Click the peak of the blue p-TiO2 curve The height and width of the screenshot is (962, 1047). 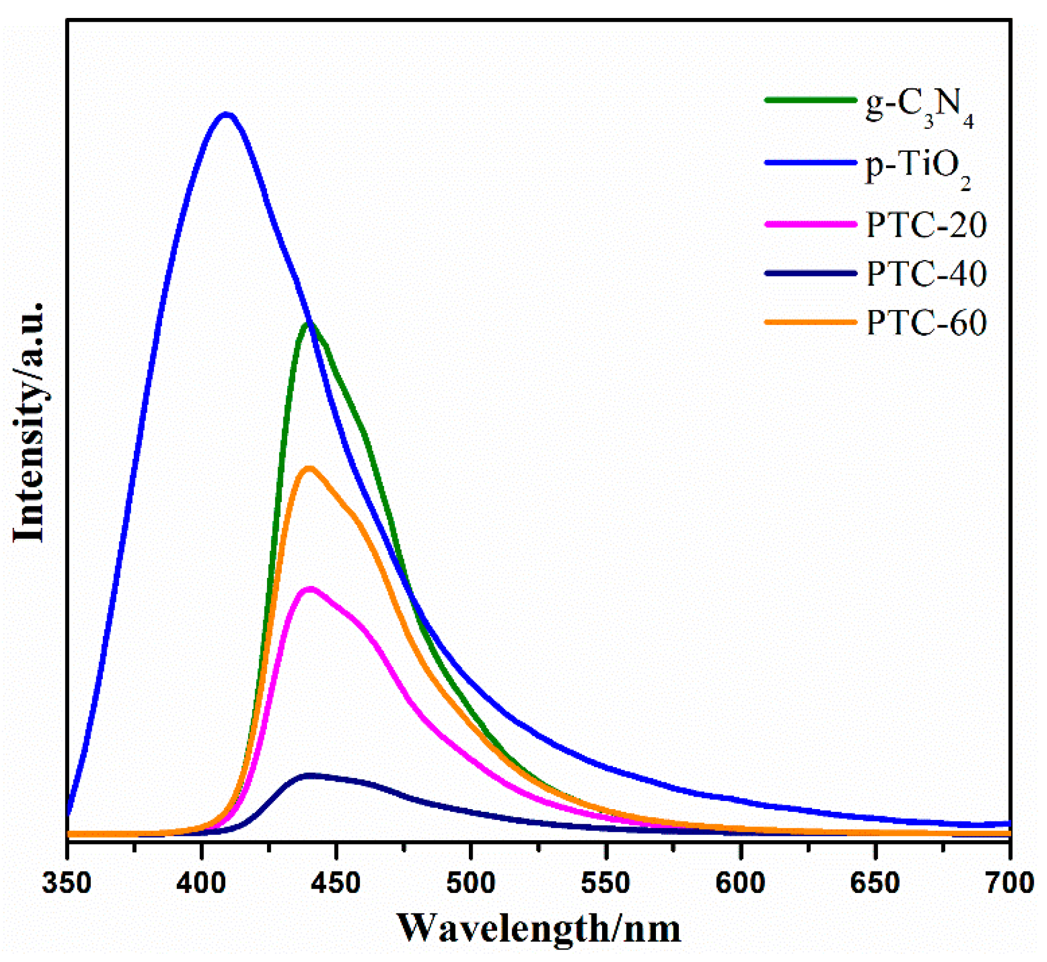(225, 115)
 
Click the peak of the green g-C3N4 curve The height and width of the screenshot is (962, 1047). (308, 324)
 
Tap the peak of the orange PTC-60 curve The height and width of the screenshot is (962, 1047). (309, 468)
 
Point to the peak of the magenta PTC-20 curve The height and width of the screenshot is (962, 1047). (310, 590)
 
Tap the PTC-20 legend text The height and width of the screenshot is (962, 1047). (926, 224)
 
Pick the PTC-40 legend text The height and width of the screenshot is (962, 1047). (926, 273)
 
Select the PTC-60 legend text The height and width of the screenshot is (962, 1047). (926, 322)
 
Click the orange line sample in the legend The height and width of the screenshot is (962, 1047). (810, 322)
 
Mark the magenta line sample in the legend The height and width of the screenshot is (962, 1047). (810, 224)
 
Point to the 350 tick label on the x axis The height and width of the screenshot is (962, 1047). (67, 883)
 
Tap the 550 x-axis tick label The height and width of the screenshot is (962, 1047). (605, 883)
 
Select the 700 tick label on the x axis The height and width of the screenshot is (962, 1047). (1009, 883)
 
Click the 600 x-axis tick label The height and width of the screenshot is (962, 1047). (740, 883)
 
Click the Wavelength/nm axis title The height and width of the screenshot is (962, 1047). (538, 928)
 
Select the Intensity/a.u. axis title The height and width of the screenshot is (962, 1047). (28, 422)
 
